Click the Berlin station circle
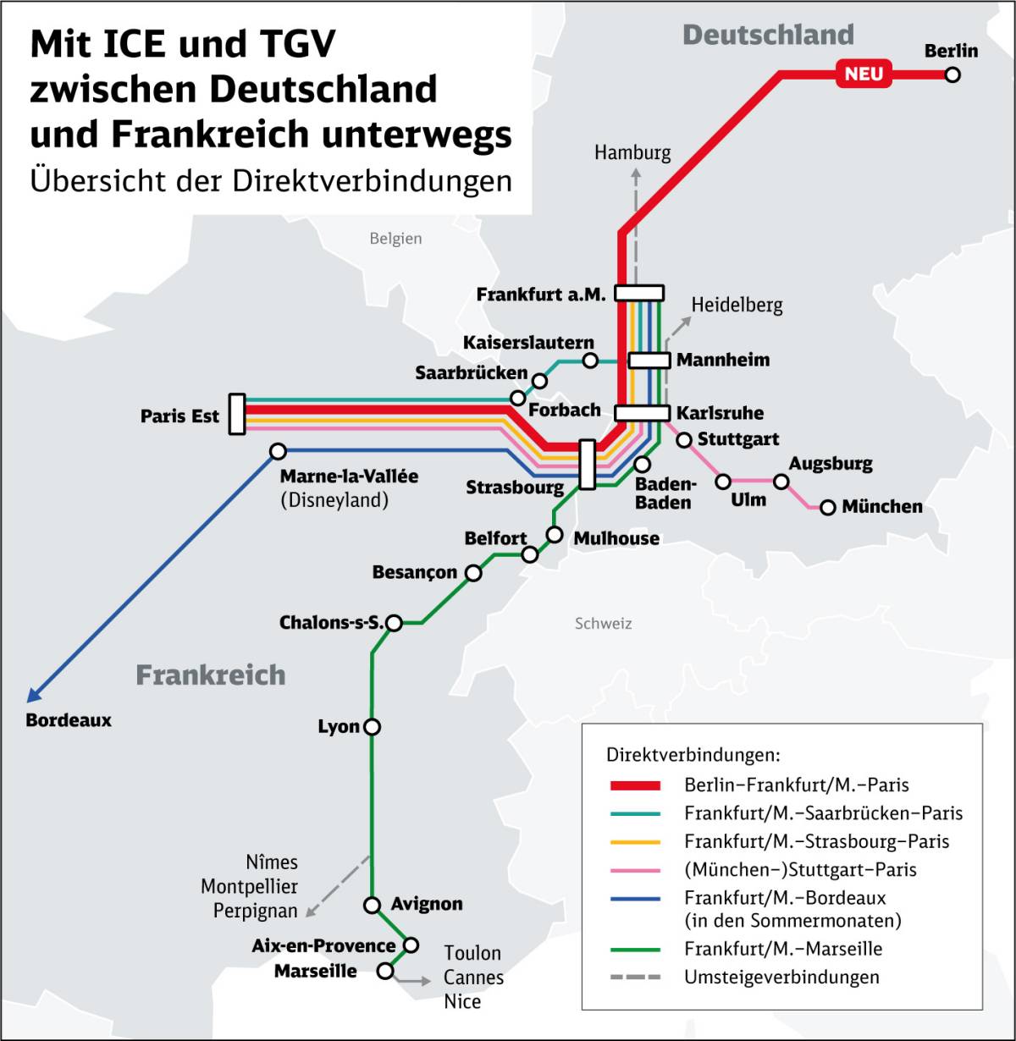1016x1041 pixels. (952, 74)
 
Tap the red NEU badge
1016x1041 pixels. (864, 74)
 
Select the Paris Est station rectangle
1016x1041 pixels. (237, 414)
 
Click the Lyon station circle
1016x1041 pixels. (372, 727)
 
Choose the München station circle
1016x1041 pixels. (827, 507)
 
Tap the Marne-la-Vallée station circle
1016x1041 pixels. (278, 451)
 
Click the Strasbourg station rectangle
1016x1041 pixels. (587, 464)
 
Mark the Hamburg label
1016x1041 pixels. (632, 152)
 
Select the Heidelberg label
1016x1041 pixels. (737, 305)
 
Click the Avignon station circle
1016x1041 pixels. (372, 905)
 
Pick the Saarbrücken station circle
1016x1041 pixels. (517, 398)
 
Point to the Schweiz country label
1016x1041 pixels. (603, 624)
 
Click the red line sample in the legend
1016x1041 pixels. (635, 785)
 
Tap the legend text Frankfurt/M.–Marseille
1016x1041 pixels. (783, 949)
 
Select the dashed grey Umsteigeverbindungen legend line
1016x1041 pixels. (635, 978)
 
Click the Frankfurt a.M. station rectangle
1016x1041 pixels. (638, 293)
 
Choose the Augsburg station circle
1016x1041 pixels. (781, 482)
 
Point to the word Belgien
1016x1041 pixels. (395, 239)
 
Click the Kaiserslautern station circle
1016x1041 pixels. (590, 361)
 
